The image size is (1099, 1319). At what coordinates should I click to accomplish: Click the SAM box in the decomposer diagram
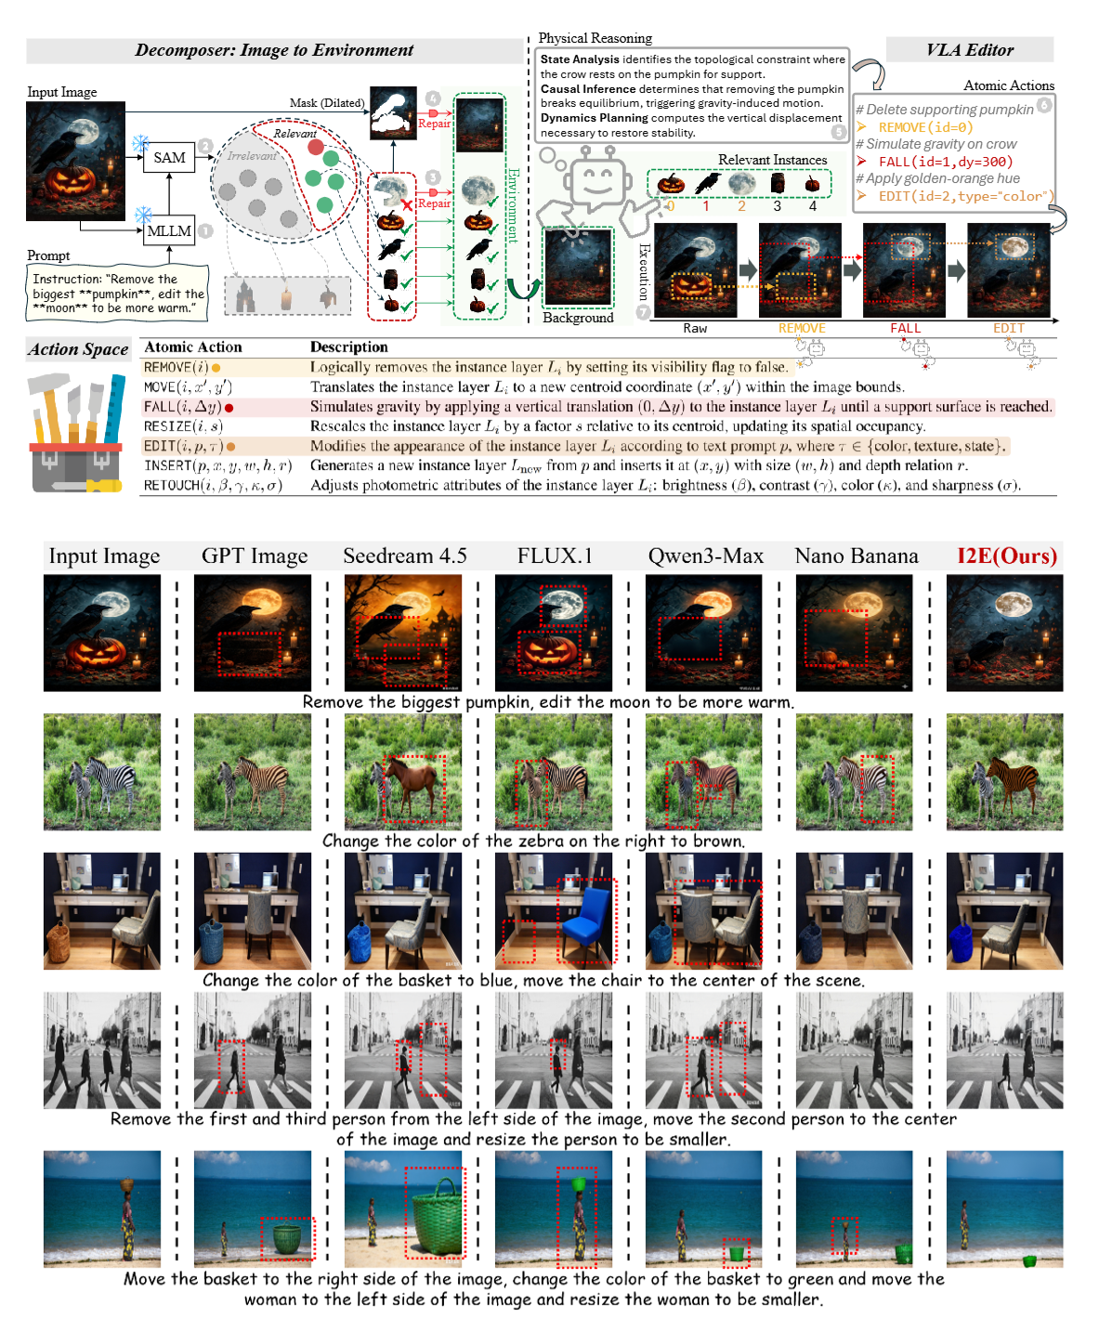coord(169,158)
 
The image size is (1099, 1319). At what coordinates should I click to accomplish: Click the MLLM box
coord(169,231)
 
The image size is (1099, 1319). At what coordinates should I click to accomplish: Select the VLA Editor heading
coord(970,50)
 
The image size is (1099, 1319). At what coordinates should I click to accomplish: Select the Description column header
coord(349,347)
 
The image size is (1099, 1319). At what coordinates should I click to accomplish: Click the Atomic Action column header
coord(193,347)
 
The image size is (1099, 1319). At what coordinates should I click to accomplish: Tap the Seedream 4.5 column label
coord(404,556)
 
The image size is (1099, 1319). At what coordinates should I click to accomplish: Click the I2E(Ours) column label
coord(1007,556)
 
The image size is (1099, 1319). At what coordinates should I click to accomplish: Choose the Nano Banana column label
coord(856,556)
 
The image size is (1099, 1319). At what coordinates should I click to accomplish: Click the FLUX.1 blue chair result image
coord(554,911)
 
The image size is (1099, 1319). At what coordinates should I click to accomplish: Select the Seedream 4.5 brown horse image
coord(403,772)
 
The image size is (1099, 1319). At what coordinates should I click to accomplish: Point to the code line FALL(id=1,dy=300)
coord(945,162)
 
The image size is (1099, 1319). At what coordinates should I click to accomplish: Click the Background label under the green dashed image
coord(578,318)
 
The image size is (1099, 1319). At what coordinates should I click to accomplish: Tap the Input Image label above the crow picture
coord(62,92)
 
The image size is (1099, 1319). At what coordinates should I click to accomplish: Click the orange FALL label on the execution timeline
coord(905,328)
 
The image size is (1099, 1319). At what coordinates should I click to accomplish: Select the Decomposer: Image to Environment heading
coord(274,50)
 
